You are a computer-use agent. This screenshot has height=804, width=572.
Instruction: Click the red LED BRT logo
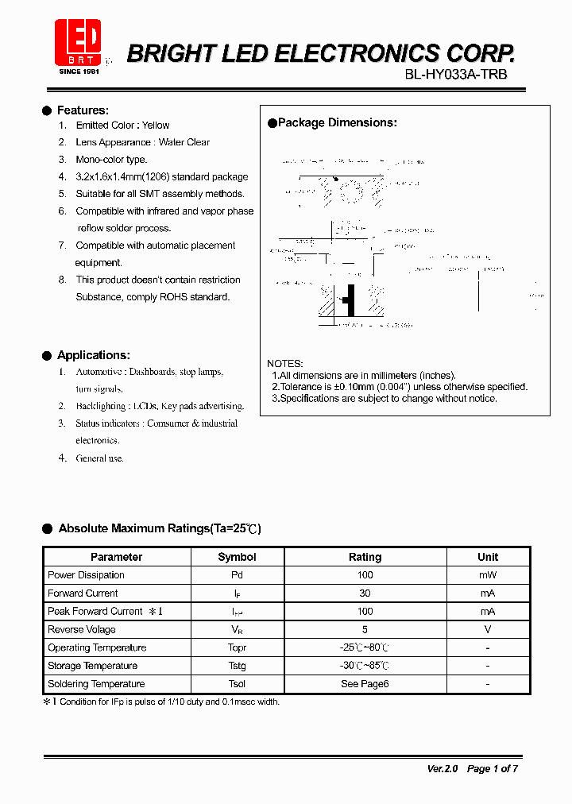coord(78,42)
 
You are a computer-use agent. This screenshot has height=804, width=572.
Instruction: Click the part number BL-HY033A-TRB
coord(455,74)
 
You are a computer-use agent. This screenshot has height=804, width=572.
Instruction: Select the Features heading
coord(83,110)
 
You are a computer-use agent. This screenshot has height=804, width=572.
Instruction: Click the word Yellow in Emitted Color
coord(156,126)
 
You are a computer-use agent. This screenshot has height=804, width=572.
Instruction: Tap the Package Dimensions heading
coord(337,123)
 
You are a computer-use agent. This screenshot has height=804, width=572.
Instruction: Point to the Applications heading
coord(93,355)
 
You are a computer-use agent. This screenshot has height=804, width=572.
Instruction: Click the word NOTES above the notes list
coord(284,363)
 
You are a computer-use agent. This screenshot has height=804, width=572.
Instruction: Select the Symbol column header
coord(237,557)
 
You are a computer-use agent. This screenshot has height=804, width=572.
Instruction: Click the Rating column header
coord(365,557)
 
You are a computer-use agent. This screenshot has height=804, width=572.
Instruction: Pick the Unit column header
coord(488,557)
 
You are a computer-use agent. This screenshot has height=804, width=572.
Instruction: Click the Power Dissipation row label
coord(86,575)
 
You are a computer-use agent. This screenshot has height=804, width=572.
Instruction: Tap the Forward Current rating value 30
coord(365,593)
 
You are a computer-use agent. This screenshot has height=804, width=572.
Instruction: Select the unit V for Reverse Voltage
coord(488,629)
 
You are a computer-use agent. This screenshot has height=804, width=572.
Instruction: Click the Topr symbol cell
coord(237,647)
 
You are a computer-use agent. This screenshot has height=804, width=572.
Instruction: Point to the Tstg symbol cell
coord(237,666)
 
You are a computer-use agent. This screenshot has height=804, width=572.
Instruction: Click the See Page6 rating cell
coord(365,684)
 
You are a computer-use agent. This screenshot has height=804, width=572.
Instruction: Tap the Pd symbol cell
coord(237,575)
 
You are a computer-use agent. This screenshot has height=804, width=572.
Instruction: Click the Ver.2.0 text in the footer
coord(443,768)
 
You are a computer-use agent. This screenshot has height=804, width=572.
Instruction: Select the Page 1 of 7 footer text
coord(493,768)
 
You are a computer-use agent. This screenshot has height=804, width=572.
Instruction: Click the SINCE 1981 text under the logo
coord(79,72)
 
